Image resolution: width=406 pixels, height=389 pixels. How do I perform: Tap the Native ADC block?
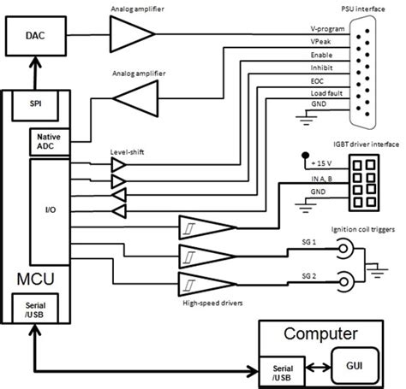(x=45, y=140)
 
